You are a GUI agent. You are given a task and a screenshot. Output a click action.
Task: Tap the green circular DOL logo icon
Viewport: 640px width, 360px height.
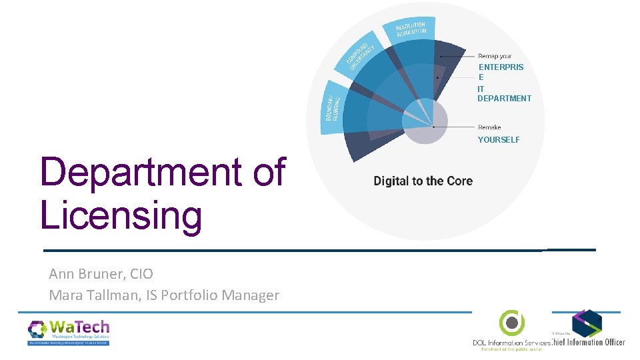tap(511, 323)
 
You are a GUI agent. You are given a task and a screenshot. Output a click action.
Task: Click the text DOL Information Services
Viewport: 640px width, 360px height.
tap(511, 343)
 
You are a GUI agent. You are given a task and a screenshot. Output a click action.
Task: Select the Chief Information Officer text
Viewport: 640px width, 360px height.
tap(589, 342)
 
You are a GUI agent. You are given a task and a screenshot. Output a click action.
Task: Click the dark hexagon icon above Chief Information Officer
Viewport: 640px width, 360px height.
tap(587, 323)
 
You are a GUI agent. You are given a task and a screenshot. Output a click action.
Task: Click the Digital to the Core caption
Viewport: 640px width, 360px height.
tap(423, 181)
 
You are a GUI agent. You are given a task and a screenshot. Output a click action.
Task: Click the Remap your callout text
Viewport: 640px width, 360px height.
tap(495, 57)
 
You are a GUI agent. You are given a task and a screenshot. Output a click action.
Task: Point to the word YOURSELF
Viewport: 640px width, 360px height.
tap(499, 140)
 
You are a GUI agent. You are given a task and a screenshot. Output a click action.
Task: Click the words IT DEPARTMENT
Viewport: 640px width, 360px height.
tap(503, 94)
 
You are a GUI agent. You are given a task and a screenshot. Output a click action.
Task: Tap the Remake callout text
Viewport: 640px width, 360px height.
tap(489, 127)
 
